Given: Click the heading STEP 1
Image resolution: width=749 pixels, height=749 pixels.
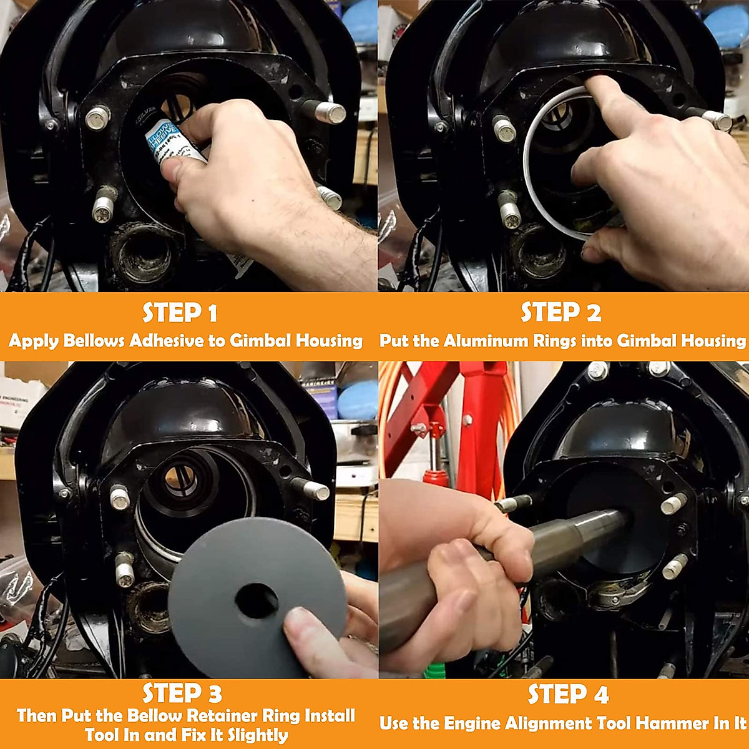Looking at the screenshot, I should [x=180, y=313].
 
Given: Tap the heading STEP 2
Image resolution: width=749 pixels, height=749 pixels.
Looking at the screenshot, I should [x=561, y=313].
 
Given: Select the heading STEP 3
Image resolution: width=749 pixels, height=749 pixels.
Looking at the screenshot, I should [x=182, y=693].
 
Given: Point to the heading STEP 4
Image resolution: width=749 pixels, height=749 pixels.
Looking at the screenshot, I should [x=567, y=694].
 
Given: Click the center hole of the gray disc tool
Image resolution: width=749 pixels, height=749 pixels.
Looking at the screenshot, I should [x=257, y=601].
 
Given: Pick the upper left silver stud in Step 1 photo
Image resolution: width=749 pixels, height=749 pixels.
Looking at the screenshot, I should [x=98, y=117].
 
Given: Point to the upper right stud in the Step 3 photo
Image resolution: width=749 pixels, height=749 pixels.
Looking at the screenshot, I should [x=316, y=490].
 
